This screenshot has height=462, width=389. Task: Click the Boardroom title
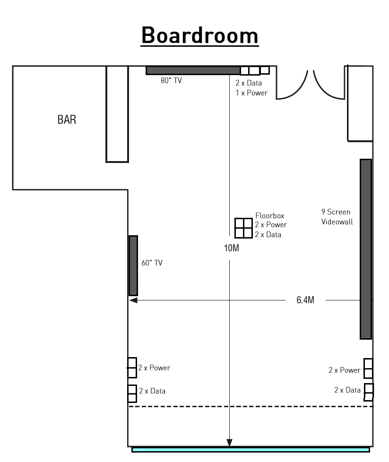[199, 35]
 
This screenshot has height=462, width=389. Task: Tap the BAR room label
[67, 120]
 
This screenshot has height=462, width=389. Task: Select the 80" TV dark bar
[193, 70]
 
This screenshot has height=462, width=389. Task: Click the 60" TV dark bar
[133, 265]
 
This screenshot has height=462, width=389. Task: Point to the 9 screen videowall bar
[366, 249]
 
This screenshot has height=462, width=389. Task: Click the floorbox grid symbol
[243, 228]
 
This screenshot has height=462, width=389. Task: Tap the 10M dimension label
[232, 248]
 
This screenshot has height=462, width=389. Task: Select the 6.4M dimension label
[305, 300]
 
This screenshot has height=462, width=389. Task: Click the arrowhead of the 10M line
[229, 443]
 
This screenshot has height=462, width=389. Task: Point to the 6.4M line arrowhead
[133, 300]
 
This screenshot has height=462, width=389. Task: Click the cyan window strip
[251, 450]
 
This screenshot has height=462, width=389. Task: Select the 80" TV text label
[172, 80]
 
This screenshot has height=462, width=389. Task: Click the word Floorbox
[270, 216]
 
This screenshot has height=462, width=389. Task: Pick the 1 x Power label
[251, 93]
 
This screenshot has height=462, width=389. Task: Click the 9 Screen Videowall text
[337, 217]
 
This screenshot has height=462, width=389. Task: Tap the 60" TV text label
[152, 263]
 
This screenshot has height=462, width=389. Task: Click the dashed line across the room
[251, 406]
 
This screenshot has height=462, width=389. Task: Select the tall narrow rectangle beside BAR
[117, 114]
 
